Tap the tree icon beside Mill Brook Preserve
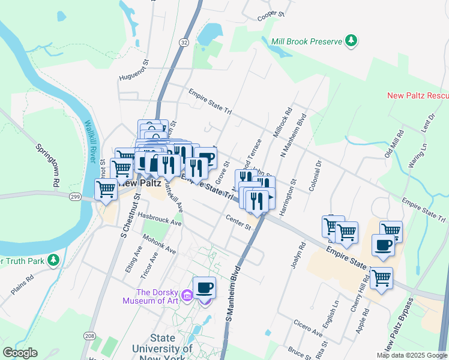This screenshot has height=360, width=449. coord(351,41)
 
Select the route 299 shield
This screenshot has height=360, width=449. coord(75,197)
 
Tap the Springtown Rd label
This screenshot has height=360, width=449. coord(46,164)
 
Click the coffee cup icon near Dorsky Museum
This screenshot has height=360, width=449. coord(204,288)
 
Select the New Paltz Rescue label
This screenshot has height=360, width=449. coord(418,95)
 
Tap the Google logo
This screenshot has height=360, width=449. coord(19,353)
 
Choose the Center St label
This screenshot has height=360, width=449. coord(239,222)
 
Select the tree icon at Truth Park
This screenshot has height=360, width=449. coord(54,260)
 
